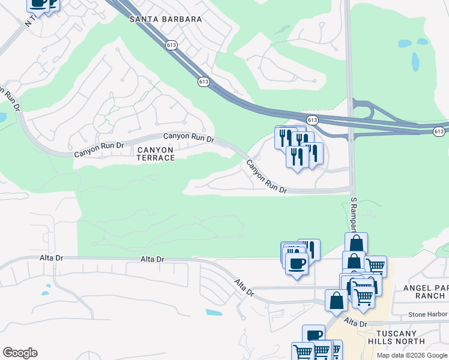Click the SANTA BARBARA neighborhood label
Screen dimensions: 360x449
click(166, 19)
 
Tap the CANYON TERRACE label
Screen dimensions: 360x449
click(155, 154)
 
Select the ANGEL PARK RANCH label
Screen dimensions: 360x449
click(424, 292)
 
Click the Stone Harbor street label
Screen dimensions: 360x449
click(428, 314)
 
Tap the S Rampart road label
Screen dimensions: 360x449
click(353, 217)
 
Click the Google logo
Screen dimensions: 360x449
click(20, 353)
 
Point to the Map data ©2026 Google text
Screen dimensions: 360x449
click(411, 355)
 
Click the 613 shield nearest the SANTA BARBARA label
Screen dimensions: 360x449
click(172, 44)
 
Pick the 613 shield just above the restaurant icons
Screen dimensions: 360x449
click(312, 120)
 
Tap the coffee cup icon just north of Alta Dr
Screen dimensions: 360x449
click(297, 263)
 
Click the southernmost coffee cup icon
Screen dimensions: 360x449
click(313, 335)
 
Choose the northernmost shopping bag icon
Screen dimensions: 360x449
click(356, 243)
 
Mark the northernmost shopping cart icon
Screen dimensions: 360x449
click(375, 266)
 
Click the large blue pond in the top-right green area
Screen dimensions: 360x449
click(415, 61)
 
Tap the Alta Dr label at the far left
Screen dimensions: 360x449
click(50, 258)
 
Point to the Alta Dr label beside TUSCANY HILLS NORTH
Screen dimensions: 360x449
click(355, 323)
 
